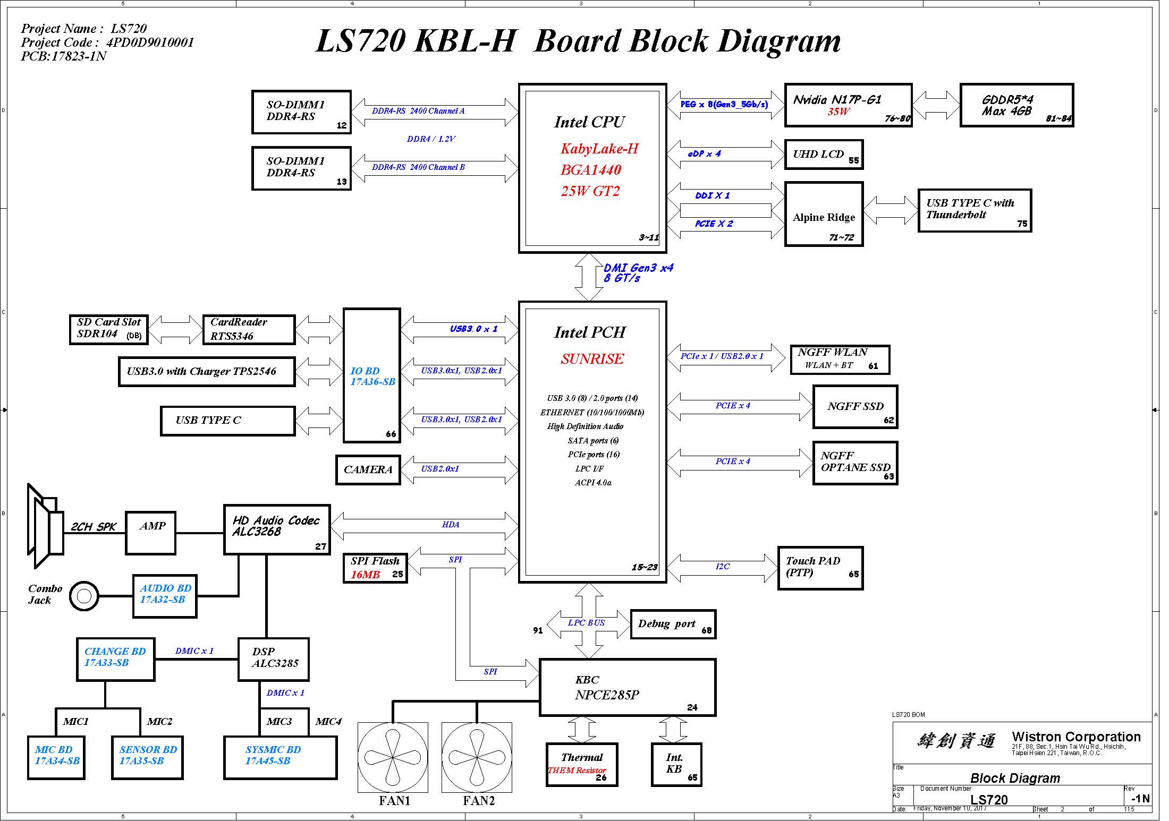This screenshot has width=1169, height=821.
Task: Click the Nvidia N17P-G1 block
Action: (x=848, y=105)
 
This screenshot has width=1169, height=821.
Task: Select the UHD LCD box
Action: (x=824, y=155)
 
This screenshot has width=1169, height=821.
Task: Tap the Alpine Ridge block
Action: (x=824, y=214)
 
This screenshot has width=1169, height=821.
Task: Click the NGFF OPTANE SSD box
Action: (x=855, y=463)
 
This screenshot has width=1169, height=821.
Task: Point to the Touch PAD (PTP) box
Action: (x=820, y=568)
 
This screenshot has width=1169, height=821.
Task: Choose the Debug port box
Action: (x=673, y=624)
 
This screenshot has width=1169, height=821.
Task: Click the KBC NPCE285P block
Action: (x=628, y=687)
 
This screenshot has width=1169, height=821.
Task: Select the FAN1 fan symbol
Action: (x=393, y=757)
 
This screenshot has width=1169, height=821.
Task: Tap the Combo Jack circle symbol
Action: (x=84, y=596)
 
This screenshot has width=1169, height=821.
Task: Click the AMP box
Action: (x=150, y=533)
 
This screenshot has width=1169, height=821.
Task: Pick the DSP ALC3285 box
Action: (x=273, y=659)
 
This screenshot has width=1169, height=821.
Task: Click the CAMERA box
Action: (x=368, y=469)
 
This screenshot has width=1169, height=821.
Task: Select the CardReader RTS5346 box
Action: (x=249, y=329)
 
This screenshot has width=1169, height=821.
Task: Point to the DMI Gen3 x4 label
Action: (x=638, y=268)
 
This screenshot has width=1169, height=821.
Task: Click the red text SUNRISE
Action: (x=592, y=359)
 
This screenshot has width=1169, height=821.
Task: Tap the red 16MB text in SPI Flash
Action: (x=365, y=575)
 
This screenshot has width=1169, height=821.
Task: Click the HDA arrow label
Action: (x=451, y=525)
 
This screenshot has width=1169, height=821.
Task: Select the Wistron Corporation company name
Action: (x=1076, y=737)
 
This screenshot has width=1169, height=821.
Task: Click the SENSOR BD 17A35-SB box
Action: (x=147, y=758)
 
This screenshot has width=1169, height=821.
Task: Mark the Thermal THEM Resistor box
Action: (x=582, y=765)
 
